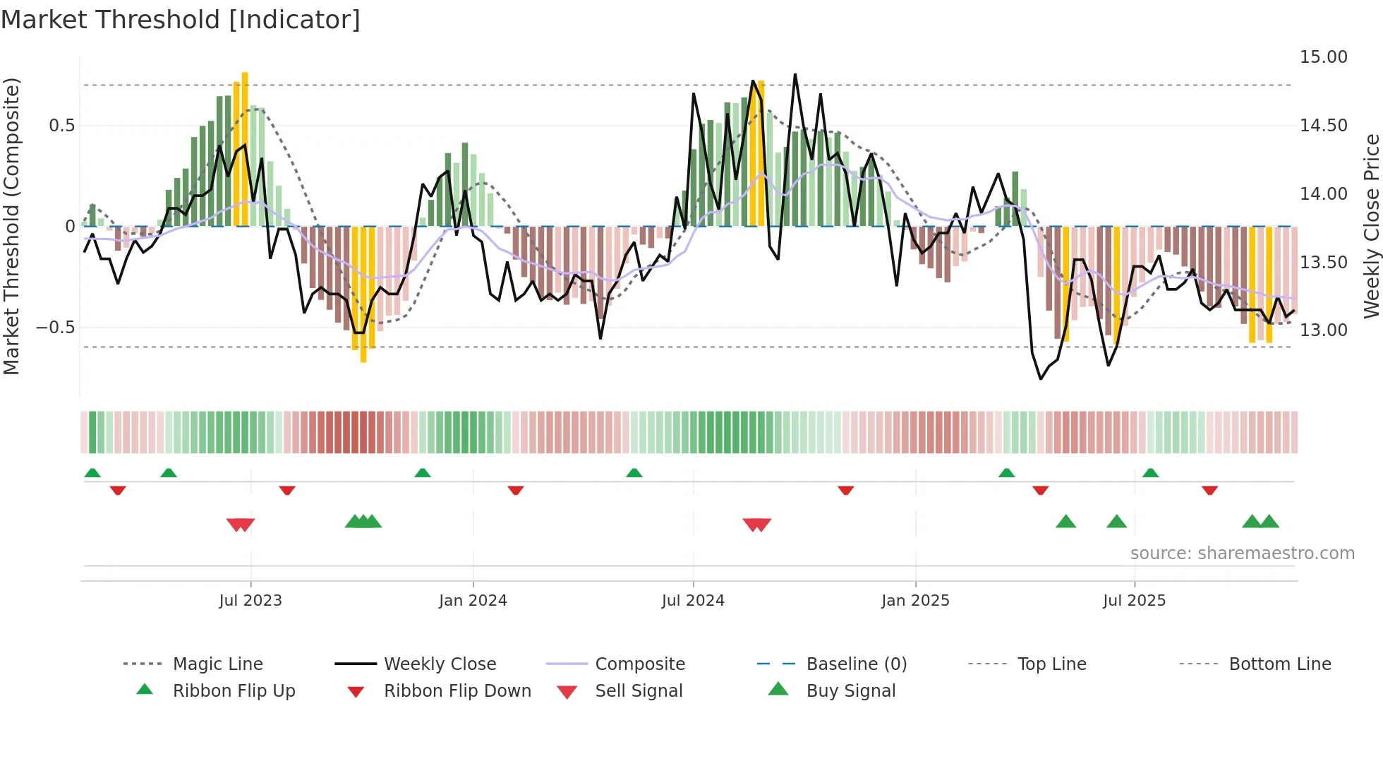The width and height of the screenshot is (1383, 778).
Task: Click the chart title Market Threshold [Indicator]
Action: click(x=181, y=20)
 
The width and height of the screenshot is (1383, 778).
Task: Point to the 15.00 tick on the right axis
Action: click(x=1323, y=57)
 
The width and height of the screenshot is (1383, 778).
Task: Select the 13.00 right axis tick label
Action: click(x=1323, y=330)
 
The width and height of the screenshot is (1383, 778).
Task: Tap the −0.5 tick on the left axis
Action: click(x=55, y=328)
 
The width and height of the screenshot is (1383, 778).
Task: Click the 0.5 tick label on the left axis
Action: click(x=61, y=126)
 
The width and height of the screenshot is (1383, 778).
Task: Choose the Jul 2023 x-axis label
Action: click(x=250, y=601)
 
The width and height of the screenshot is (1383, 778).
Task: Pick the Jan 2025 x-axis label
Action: click(x=915, y=601)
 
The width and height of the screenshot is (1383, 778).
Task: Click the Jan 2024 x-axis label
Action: click(x=473, y=601)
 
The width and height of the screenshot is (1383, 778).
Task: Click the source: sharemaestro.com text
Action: click(x=1242, y=553)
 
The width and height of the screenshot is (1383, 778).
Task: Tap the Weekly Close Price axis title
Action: click(x=1371, y=226)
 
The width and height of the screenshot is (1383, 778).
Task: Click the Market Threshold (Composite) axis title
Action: click(x=11, y=226)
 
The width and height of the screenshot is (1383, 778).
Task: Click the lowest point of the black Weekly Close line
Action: click(x=1041, y=378)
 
